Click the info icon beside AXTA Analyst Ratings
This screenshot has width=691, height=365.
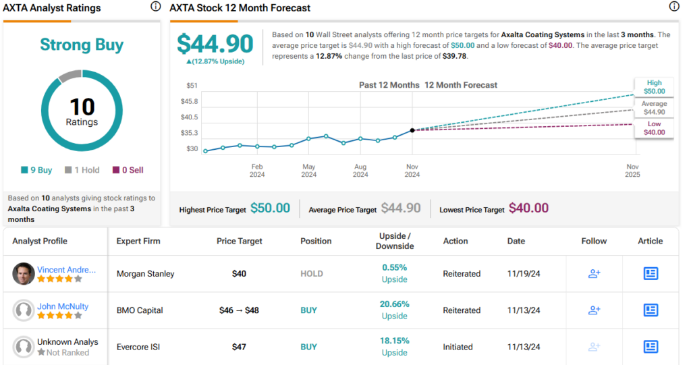tap(156, 7)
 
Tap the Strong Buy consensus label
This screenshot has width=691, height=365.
tap(82, 45)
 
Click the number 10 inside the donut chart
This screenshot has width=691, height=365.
tap(82, 107)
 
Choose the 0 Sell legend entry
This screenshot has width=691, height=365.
tap(128, 170)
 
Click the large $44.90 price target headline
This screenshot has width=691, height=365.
tap(215, 44)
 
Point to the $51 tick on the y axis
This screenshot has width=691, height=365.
tap(192, 86)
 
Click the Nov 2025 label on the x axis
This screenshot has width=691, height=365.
tap(632, 170)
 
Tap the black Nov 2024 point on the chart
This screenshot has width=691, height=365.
tap(412, 130)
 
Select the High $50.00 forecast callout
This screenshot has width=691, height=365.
tap(654, 87)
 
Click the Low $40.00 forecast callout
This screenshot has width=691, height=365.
tap(654, 128)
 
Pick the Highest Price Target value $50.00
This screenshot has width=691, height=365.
tap(270, 208)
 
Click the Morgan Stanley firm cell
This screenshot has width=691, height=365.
tap(145, 274)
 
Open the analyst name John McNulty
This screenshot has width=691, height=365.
tap(63, 306)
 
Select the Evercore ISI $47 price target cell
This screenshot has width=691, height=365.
tap(239, 347)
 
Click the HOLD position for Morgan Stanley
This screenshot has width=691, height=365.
tap(312, 274)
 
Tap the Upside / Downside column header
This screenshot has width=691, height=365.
tap(395, 241)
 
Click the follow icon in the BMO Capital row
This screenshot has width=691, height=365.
tap(594, 310)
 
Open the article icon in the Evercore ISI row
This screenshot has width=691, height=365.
tap(651, 347)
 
